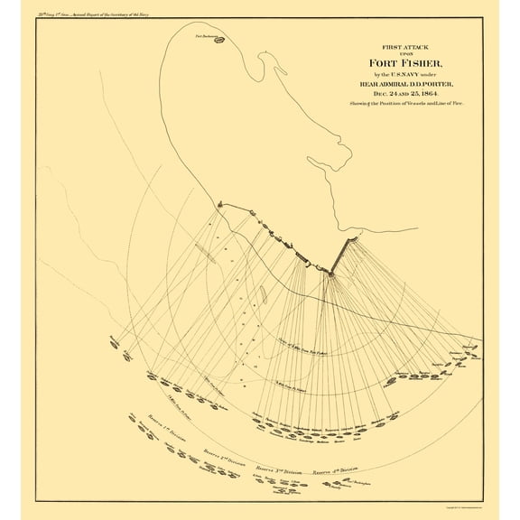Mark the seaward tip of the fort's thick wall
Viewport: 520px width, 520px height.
click(330, 273)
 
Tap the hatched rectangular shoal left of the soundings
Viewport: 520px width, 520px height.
click(207, 254)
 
